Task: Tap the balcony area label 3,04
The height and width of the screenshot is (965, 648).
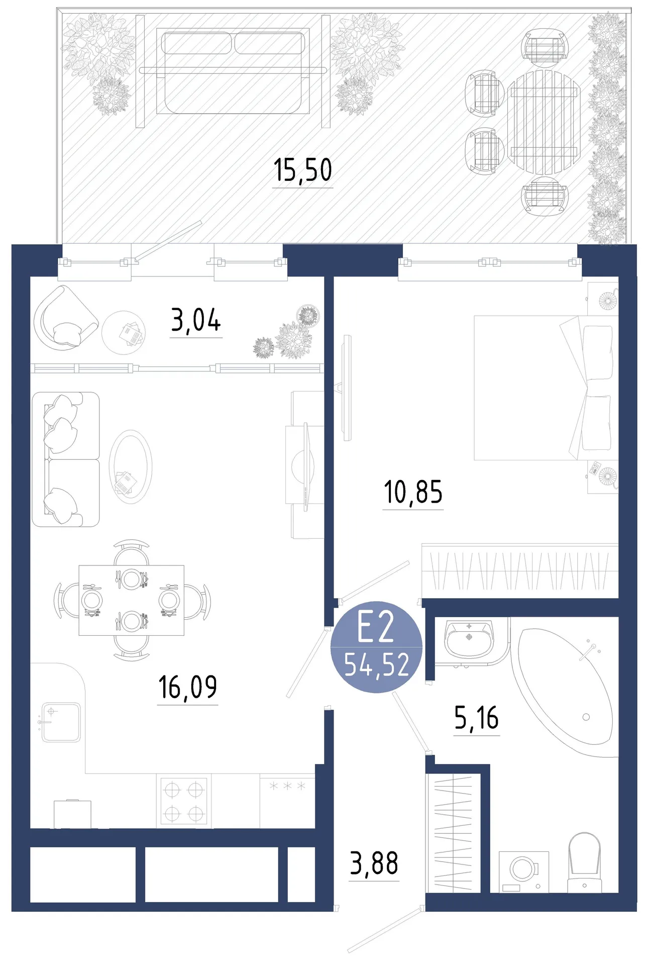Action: (x=196, y=320)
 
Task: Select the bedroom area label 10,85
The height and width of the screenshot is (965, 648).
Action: (x=413, y=492)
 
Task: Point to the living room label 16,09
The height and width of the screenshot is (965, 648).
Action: (x=187, y=687)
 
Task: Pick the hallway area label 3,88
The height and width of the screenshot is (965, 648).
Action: (x=374, y=863)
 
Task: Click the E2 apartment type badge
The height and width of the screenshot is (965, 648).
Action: (x=376, y=647)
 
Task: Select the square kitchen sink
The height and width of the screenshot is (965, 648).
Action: (x=61, y=722)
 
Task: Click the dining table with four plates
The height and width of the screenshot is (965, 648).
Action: (x=132, y=600)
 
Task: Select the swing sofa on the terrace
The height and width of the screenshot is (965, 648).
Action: (x=233, y=71)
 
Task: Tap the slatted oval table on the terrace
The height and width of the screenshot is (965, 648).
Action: (x=544, y=122)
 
